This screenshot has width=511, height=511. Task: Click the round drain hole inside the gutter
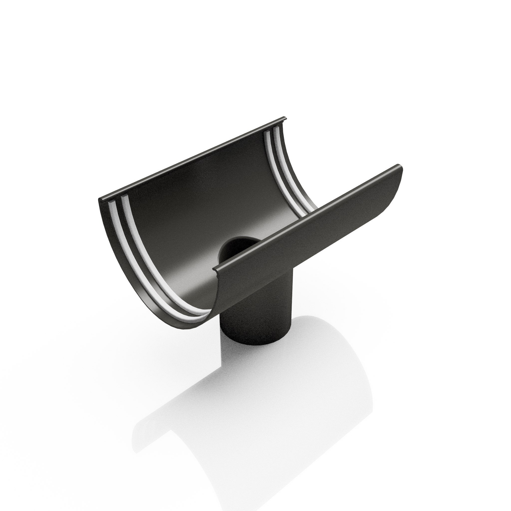click(239, 249)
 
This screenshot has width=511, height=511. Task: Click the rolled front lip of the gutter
click(304, 220)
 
